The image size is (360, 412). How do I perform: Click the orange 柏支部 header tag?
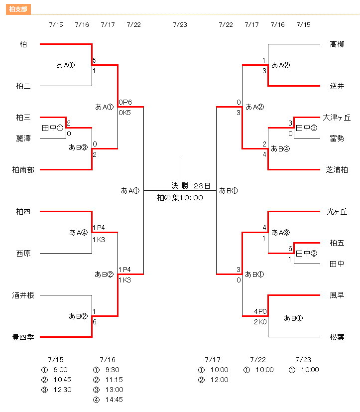pos(19,9)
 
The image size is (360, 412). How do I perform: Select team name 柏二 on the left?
pos(23,86)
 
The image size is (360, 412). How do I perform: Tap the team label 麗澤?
pos(23,138)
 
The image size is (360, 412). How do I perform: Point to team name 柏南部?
pos(23,170)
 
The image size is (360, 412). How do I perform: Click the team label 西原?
pos(23,254)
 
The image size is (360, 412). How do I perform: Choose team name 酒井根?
pos(23,295)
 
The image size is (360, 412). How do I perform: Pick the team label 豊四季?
pos(23,337)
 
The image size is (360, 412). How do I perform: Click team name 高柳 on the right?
pos(337,44)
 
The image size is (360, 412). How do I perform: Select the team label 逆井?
pos(337,86)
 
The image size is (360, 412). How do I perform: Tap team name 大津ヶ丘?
pos(337,118)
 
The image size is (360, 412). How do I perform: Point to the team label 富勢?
pos(337,138)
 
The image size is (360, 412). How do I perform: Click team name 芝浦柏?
pos(337,170)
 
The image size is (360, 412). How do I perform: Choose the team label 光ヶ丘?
pos(337,212)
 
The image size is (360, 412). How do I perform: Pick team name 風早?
pos(337,295)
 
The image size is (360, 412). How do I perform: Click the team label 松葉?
pos(337,337)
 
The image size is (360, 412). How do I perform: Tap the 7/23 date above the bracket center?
pos(180,24)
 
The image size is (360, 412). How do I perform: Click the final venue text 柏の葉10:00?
pos(180,198)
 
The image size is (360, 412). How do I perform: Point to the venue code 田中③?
pos(306,128)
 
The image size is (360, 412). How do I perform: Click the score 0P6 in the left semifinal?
pos(125,102)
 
